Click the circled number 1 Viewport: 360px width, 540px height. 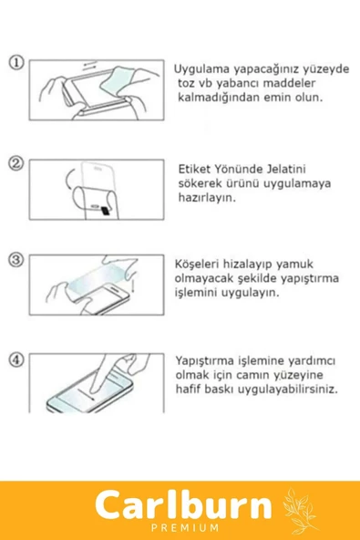coord(15,63)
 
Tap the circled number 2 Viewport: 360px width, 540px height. coord(15,164)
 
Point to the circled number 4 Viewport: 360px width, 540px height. coord(15,358)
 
